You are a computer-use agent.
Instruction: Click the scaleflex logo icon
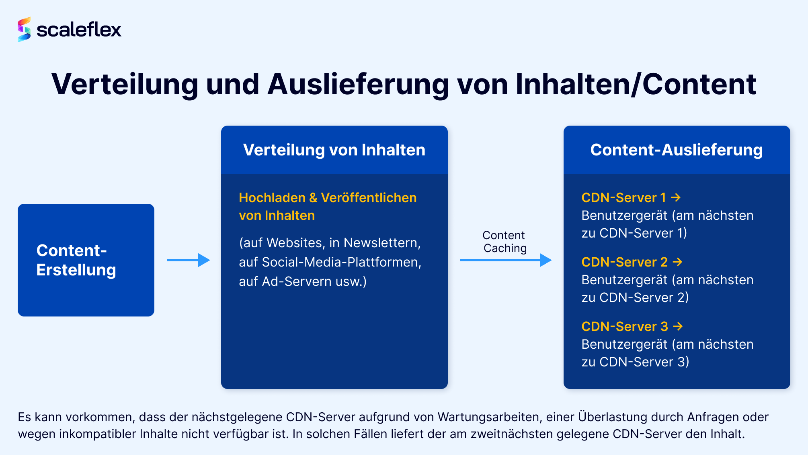coord(24,29)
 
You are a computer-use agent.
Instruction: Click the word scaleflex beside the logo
coord(79,29)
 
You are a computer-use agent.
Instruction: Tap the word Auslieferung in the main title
coord(358,85)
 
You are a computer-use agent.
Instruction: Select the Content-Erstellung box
coord(86,260)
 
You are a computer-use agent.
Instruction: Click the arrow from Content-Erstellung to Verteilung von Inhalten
coord(189,260)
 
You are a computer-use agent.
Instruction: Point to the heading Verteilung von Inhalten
coord(334,150)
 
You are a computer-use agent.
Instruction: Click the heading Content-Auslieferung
coord(677,150)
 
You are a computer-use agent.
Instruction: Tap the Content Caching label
coord(504,242)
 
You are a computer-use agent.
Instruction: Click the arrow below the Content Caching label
coord(506,260)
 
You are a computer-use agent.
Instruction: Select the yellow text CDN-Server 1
coord(624,198)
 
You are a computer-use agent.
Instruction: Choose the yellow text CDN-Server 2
coord(625,262)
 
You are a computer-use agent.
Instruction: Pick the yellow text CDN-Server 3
coord(625,327)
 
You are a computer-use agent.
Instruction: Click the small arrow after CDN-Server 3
coord(678,327)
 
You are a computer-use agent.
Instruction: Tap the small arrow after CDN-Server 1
coord(676,198)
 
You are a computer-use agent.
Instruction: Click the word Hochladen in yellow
coord(272,198)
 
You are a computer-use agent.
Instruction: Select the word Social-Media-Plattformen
coord(342,262)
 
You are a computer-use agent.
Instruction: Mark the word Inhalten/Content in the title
coord(636,85)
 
